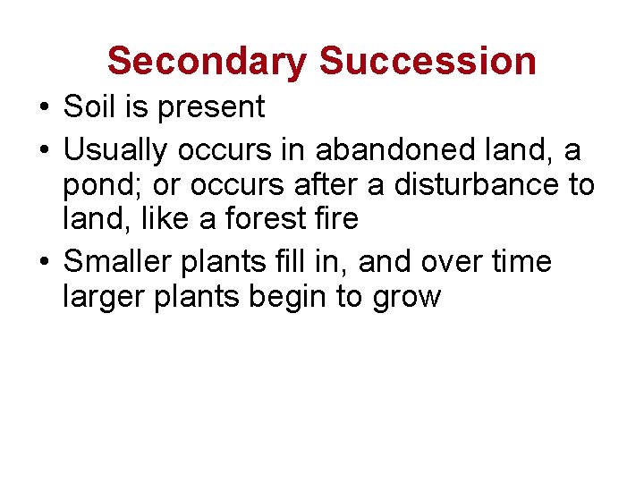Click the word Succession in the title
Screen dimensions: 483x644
click(428, 61)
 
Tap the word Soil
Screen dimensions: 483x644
click(89, 107)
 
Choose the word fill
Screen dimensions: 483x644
click(285, 261)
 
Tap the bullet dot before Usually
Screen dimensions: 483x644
click(44, 150)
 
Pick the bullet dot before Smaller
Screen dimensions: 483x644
click(44, 262)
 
